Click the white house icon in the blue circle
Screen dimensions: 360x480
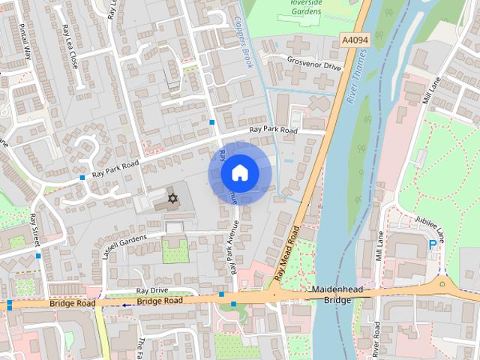(239, 173)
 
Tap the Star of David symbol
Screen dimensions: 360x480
(173, 199)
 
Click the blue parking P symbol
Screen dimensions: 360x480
(432, 244)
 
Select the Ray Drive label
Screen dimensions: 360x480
(152, 290)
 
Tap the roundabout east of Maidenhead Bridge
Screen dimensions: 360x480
(443, 284)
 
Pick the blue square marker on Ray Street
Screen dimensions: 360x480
(38, 256)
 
